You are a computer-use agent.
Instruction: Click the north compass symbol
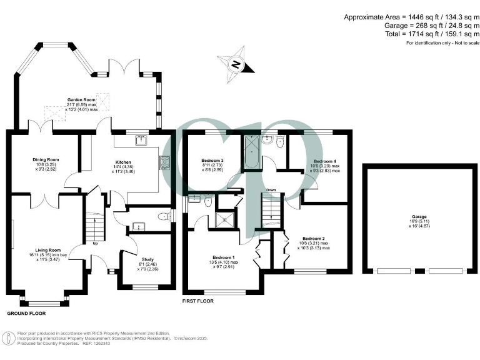click(x=236, y=63)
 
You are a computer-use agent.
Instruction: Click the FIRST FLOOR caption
click(x=198, y=301)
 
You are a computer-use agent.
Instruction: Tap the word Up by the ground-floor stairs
click(x=94, y=243)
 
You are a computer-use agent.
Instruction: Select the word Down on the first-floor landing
click(x=271, y=189)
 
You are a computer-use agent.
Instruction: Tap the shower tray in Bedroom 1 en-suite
click(x=223, y=219)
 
